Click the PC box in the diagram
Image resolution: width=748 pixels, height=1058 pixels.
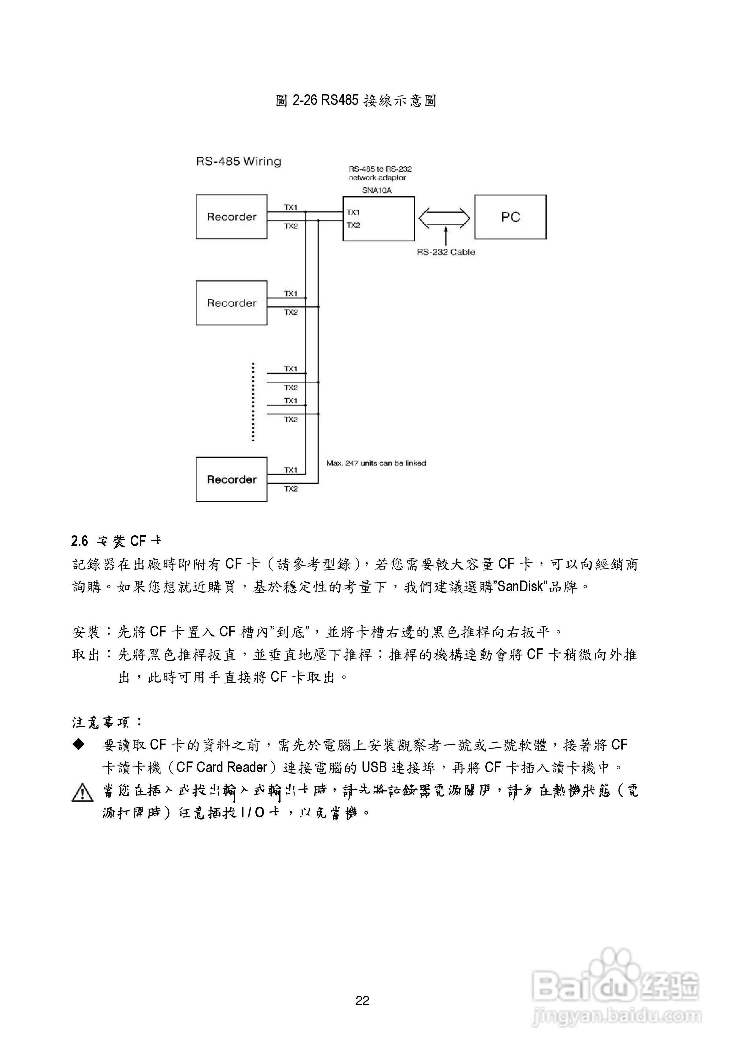510,217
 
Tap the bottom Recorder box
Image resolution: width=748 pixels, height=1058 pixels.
231,479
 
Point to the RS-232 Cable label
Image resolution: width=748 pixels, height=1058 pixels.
446,252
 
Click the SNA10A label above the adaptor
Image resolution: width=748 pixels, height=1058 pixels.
377,190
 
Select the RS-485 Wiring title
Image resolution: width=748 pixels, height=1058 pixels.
238,161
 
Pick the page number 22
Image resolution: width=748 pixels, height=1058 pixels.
362,1001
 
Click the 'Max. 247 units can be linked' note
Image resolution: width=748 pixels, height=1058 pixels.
376,463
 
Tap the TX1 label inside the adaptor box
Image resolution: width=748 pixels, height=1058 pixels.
353,212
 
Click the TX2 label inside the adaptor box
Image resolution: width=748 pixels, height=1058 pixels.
353,225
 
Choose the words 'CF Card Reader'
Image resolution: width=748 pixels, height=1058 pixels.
222,767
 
